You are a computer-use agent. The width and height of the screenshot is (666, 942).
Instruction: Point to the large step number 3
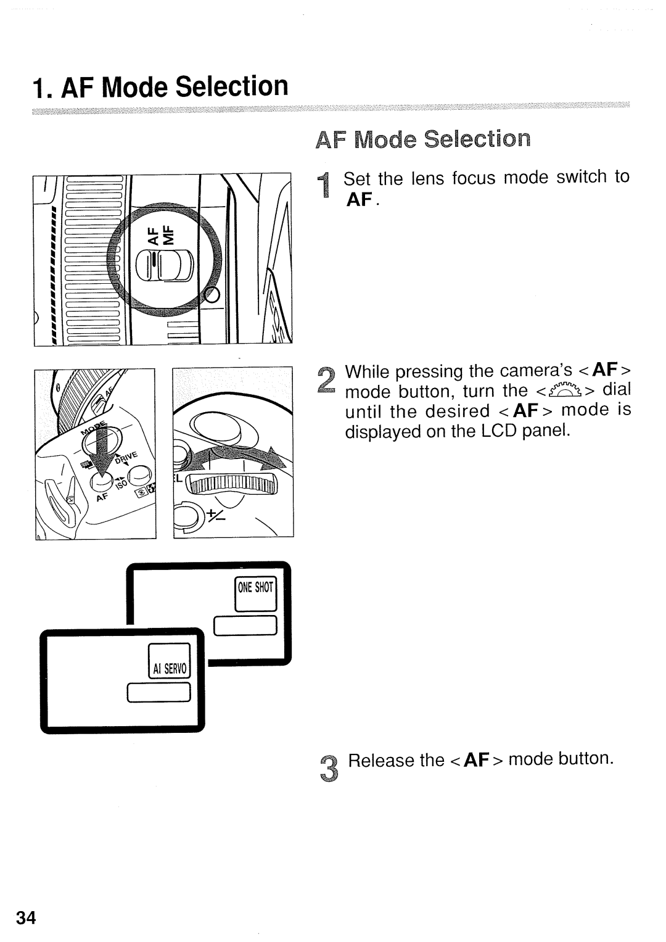tap(330, 769)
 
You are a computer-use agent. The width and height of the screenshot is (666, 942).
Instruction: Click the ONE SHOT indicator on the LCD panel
tap(256, 587)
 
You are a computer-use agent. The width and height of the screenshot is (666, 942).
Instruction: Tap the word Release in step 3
tap(382, 760)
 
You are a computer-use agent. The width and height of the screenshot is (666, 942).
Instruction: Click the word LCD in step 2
tap(498, 431)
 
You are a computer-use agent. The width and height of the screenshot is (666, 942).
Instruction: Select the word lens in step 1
tap(429, 178)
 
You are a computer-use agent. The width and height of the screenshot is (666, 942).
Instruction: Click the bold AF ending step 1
tap(360, 200)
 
